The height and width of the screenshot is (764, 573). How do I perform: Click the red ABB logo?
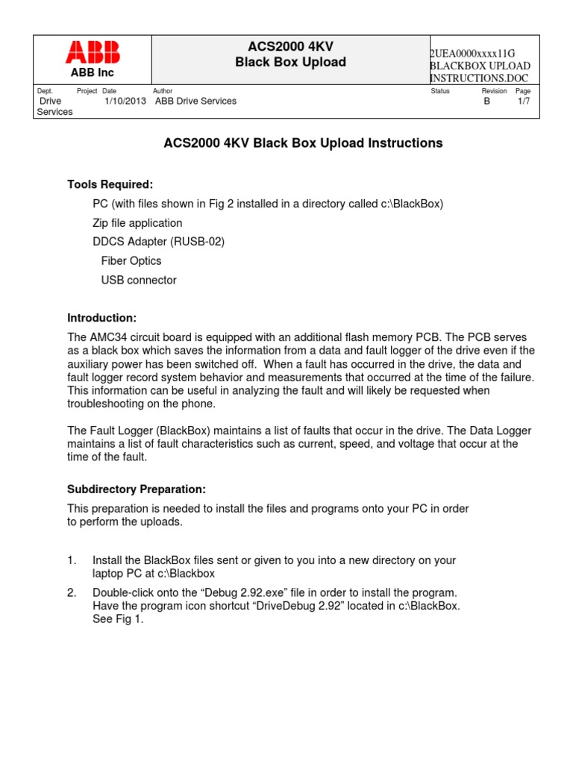tap(93, 52)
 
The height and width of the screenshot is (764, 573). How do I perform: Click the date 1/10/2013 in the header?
tap(125, 101)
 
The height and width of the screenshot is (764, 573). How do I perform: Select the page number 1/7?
tap(524, 101)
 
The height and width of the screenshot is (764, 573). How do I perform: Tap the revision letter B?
tap(487, 101)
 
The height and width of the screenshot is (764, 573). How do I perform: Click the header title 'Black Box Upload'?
tap(290, 62)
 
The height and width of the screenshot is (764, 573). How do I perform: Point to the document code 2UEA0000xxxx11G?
tap(473, 54)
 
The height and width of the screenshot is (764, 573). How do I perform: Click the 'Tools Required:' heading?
tap(110, 184)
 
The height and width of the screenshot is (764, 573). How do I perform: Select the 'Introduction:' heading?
tap(102, 317)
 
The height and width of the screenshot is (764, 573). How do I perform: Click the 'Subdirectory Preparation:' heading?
tap(136, 489)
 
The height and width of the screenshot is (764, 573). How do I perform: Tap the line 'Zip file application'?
tap(137, 222)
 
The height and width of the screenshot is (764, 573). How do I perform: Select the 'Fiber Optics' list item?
tap(131, 261)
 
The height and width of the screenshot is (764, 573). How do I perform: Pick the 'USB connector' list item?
tap(139, 281)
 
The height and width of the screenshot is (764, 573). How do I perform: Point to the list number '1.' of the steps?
tap(72, 560)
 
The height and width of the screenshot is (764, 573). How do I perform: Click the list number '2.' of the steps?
tap(72, 592)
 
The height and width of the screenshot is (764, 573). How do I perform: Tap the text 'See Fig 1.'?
tap(118, 619)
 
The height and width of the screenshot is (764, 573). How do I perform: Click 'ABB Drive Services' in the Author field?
tap(195, 101)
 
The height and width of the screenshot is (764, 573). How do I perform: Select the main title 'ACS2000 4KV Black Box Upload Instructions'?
tap(303, 143)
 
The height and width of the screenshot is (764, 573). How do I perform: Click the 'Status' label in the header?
tap(440, 91)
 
